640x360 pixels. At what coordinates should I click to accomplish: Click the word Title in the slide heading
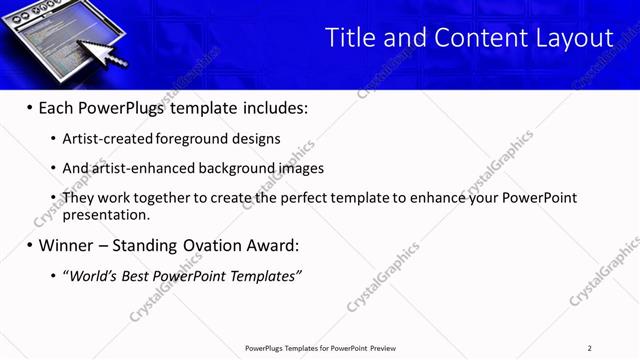[349, 38]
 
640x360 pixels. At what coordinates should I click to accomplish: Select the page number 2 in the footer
[590, 348]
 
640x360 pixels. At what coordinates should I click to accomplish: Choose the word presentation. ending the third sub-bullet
[106, 214]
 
